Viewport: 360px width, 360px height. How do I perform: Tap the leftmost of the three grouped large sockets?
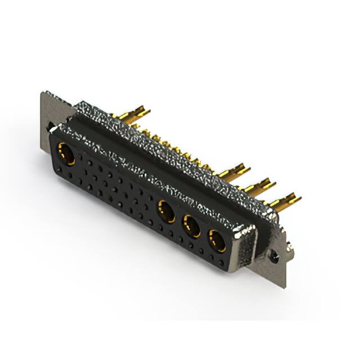click(166, 211)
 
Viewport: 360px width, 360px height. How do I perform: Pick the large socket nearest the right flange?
click(217, 241)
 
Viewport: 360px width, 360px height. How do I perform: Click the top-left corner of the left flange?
click(43, 93)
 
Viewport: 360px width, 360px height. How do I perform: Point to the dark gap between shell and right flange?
click(260, 242)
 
